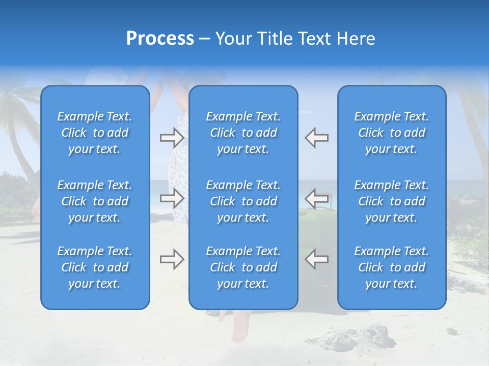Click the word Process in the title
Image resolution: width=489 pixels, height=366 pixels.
[x=160, y=39]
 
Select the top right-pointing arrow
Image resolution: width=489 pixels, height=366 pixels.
[x=172, y=137]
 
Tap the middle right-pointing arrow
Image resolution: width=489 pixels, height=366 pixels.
[x=172, y=198]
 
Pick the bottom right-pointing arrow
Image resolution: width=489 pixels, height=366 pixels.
[x=172, y=259]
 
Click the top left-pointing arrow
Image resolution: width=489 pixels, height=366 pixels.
[x=316, y=137]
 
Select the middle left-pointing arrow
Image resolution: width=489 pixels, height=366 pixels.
[x=316, y=198]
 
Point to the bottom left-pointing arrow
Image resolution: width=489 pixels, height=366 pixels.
[x=316, y=259]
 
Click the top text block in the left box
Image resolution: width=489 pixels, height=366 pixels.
[x=95, y=133]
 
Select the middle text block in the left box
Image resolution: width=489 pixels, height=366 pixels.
[x=95, y=201]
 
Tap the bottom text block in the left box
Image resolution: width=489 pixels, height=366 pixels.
[x=95, y=267]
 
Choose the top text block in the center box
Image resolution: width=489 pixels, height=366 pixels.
[x=243, y=133]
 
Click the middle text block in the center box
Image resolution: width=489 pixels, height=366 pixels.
[x=243, y=201]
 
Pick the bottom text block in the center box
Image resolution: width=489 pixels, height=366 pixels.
[x=243, y=267]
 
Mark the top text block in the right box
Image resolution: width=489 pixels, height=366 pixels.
[x=392, y=133]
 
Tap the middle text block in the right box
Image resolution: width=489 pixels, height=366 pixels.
[x=392, y=201]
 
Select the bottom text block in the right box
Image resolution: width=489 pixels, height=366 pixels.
[x=392, y=267]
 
